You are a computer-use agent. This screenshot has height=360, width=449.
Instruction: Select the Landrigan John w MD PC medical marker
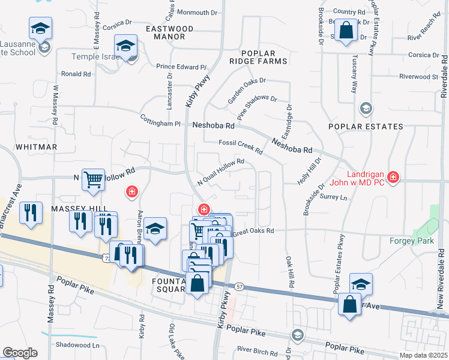(393, 177)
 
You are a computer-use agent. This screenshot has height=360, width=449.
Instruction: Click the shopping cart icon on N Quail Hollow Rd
(93, 179)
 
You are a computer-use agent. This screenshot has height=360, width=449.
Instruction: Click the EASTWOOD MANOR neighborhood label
(170, 32)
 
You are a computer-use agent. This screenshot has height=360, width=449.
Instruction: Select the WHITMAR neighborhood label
(37, 147)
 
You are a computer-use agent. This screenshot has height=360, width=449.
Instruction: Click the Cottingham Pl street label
(160, 120)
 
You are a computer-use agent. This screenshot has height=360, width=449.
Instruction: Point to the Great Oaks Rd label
(253, 231)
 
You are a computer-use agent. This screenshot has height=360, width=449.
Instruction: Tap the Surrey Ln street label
(334, 197)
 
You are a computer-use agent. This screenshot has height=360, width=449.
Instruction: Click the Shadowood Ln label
(77, 345)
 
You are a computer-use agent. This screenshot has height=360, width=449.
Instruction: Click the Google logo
(19, 353)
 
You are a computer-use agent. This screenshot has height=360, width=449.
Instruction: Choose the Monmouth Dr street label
(197, 13)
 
